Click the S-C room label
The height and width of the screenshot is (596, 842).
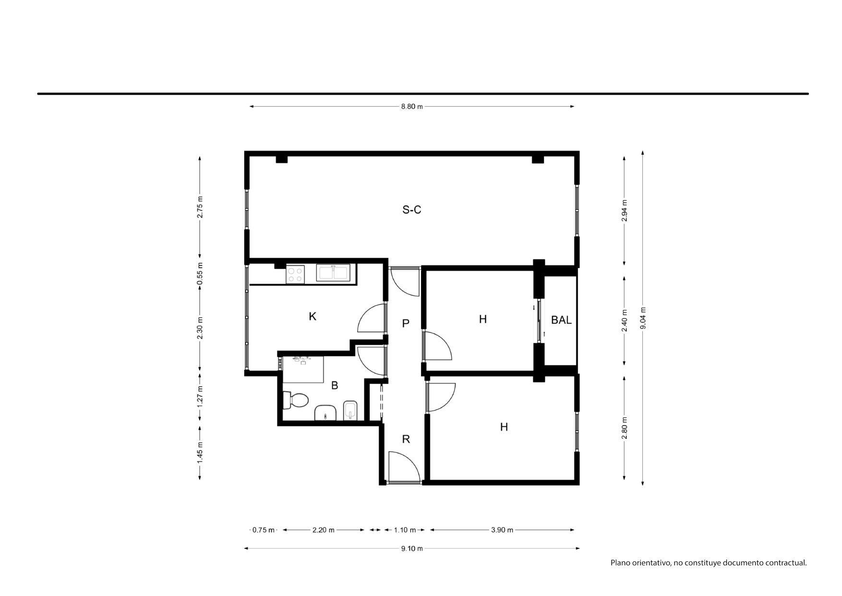(411, 209)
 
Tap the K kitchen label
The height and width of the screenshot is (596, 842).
(313, 316)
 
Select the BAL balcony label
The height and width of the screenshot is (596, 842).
(561, 320)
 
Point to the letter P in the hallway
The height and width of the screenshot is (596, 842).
(406, 323)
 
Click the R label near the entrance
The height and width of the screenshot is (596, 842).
(406, 439)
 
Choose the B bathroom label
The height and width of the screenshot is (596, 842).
(335, 385)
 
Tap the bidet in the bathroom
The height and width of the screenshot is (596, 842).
(351, 411)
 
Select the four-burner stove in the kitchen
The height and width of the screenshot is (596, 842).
(295, 274)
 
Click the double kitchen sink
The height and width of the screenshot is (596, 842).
(333, 272)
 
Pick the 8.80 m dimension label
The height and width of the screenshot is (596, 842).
(412, 107)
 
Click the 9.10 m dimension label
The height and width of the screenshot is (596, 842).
(412, 548)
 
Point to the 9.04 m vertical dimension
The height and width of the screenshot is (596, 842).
(643, 318)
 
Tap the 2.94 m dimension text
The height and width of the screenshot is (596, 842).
(625, 210)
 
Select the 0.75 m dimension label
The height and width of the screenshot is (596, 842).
(264, 530)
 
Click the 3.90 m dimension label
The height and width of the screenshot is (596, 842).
(502, 530)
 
